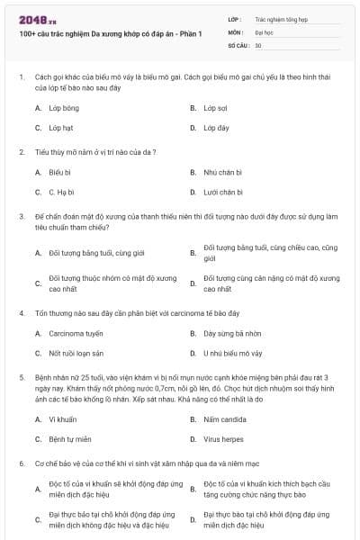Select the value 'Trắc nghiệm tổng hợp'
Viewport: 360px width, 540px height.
[x=280, y=18]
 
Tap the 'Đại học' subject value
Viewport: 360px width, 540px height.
[x=264, y=31]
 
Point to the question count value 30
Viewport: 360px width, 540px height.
[x=258, y=44]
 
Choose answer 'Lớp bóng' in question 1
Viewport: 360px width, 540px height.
[x=64, y=107]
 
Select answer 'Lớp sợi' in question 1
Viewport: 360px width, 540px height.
[x=215, y=107]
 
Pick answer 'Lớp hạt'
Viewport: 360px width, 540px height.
[x=62, y=128]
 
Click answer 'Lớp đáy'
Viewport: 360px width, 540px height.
[x=216, y=128]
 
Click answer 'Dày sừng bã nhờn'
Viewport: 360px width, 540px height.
[x=231, y=333]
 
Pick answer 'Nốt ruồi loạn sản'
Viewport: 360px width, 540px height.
[x=76, y=353]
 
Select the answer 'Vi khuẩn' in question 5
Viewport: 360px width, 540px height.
[x=62, y=419]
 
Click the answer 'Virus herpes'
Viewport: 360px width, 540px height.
[x=224, y=439]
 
